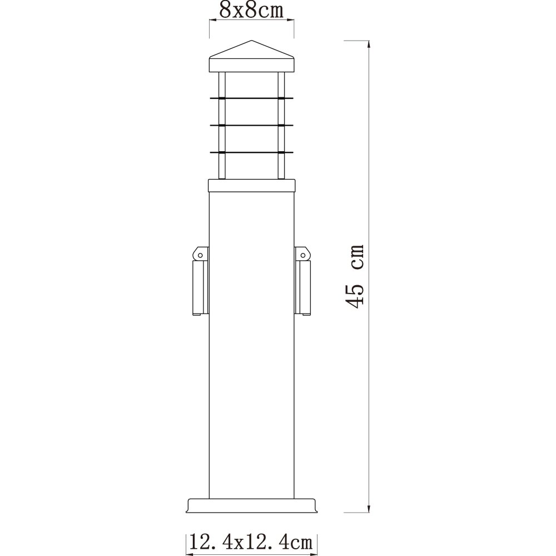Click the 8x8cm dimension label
(251, 10)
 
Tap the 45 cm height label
(355, 276)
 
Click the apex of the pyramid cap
(251, 41)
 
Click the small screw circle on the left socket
(200, 255)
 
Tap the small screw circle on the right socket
(303, 255)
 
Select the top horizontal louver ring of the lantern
(251, 97)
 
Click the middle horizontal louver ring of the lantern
(251, 125)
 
